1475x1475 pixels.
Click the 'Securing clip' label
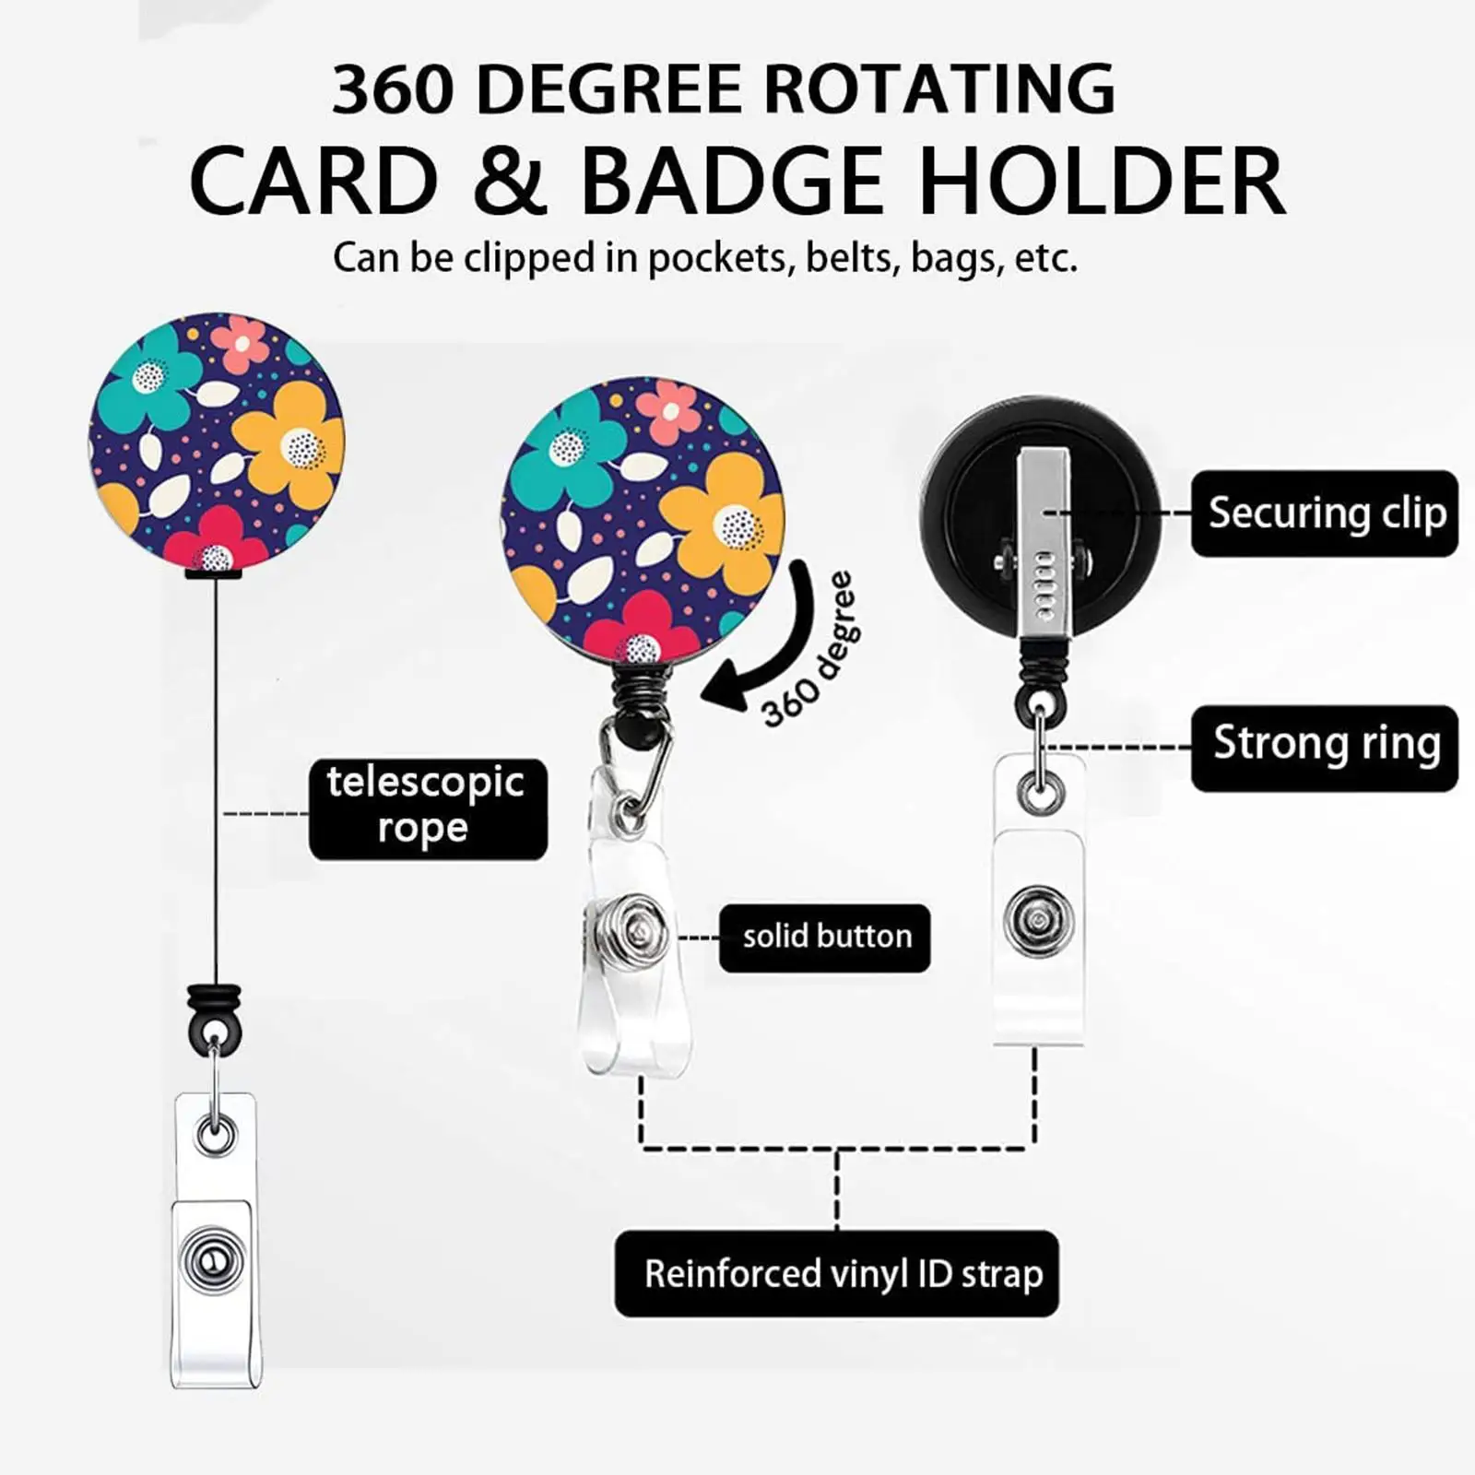point(1325,513)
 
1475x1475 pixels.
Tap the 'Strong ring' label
point(1325,749)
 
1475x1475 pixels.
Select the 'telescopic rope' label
point(428,808)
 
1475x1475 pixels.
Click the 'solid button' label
point(825,938)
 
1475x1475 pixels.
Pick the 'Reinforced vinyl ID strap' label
point(837,1273)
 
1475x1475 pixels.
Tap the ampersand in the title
point(510,181)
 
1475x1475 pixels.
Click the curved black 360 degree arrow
point(786,651)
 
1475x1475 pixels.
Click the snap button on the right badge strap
point(1039,921)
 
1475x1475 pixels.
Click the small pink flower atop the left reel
point(242,343)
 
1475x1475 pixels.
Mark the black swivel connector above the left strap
point(215,1018)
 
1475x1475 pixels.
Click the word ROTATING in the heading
point(940,89)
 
